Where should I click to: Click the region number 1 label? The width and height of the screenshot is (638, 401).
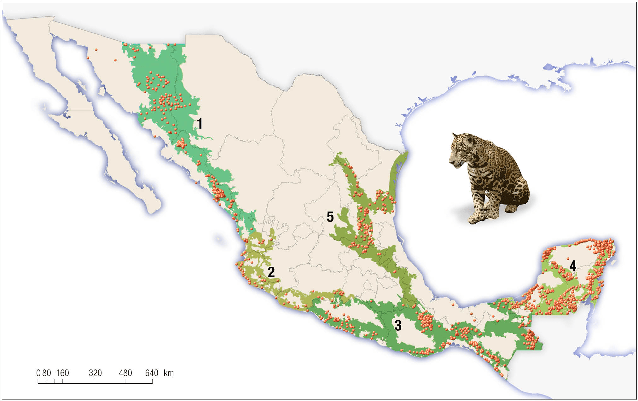click(x=200, y=124)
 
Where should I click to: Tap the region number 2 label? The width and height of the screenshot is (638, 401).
click(x=271, y=272)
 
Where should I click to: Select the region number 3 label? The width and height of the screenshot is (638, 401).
click(x=398, y=325)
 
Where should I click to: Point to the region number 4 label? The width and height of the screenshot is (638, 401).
click(x=573, y=266)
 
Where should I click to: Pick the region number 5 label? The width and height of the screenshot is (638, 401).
click(x=330, y=217)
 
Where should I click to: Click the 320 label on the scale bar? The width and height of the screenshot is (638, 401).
click(x=95, y=373)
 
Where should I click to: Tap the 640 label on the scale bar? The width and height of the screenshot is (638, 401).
click(x=152, y=373)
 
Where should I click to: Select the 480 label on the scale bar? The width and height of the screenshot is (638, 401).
click(x=125, y=373)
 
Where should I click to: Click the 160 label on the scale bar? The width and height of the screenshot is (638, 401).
click(x=62, y=373)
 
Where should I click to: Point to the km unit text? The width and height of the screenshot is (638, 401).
click(x=169, y=373)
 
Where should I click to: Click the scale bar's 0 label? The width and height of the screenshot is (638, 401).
click(x=38, y=373)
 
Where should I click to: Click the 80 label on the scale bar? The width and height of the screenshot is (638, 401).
click(x=46, y=373)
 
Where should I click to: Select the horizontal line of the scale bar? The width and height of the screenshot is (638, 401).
click(x=95, y=383)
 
